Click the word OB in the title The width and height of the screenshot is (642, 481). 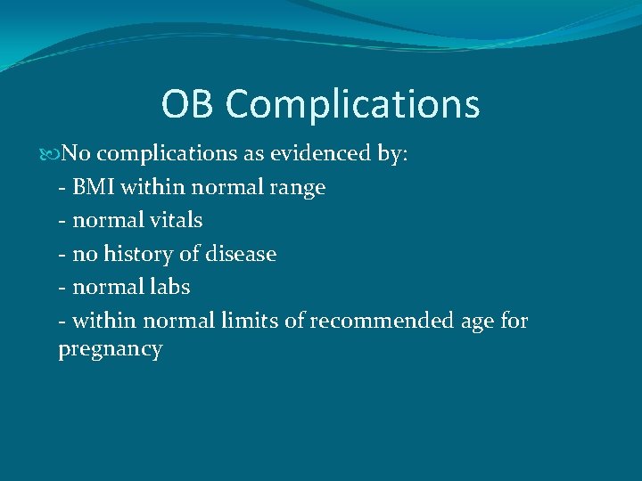click(189, 104)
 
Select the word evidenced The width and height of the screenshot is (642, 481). click(318, 154)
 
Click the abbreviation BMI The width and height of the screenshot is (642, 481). click(95, 187)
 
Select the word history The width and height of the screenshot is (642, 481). click(137, 255)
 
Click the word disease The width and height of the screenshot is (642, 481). click(240, 254)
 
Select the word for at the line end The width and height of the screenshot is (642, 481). click(514, 320)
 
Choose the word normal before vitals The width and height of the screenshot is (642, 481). click(105, 220)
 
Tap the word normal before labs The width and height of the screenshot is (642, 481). click(105, 287)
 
